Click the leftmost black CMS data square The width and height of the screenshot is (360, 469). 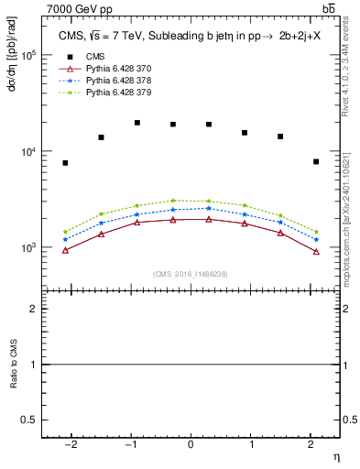click(x=65, y=163)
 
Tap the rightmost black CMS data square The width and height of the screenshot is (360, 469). click(x=316, y=161)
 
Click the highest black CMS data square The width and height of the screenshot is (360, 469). click(x=137, y=123)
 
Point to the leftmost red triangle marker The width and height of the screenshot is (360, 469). click(x=65, y=250)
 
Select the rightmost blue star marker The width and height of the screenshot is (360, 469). click(x=316, y=240)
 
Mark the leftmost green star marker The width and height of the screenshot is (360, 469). click(x=65, y=232)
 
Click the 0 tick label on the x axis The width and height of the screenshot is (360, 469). click(x=191, y=444)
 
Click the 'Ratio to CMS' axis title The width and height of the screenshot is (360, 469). click(x=13, y=365)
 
